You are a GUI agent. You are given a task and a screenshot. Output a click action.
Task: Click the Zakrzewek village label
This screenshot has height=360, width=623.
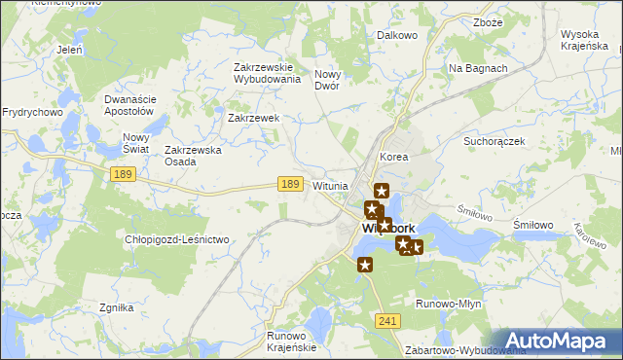click(x=253, y=118)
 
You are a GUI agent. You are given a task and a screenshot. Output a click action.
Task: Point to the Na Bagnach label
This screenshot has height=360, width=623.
click(x=477, y=68)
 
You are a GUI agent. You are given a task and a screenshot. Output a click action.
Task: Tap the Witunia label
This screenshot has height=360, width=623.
click(x=331, y=186)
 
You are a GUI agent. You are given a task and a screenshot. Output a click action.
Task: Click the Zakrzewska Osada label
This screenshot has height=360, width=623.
click(x=194, y=156)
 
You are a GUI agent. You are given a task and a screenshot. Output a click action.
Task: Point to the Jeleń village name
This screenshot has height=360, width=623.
click(x=69, y=49)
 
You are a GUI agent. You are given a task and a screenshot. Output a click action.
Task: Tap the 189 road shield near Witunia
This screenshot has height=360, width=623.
click(x=287, y=184)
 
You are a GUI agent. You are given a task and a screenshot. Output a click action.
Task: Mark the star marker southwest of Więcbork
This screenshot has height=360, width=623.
click(x=365, y=265)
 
